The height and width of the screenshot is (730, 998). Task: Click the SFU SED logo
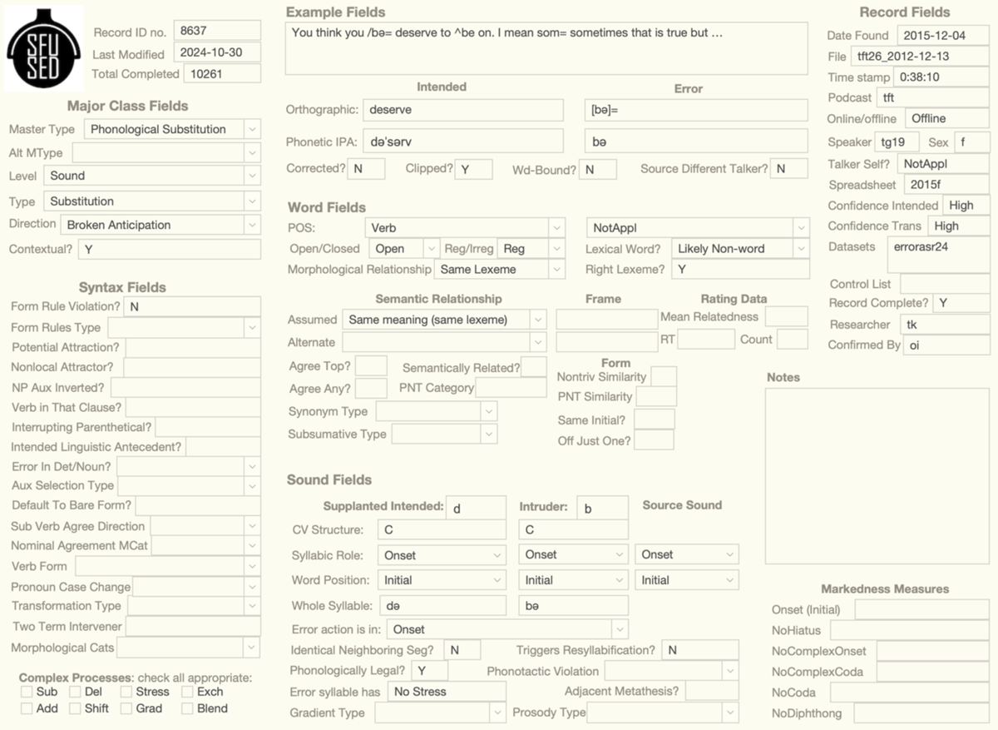[x=44, y=48]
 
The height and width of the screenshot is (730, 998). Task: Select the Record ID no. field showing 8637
[x=216, y=32]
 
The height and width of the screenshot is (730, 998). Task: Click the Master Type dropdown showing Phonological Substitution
[x=172, y=129]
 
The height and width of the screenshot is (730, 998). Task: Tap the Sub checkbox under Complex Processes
[x=27, y=692]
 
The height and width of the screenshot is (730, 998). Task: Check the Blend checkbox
[x=187, y=708]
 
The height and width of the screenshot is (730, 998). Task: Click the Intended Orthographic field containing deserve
[x=462, y=110]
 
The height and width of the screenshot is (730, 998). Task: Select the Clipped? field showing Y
[x=473, y=169]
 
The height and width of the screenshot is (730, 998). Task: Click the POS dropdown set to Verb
[x=464, y=228]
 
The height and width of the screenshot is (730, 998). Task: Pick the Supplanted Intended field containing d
[x=475, y=508]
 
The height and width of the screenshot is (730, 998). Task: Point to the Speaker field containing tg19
[x=897, y=142]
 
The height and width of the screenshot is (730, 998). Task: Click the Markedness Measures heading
[x=885, y=588]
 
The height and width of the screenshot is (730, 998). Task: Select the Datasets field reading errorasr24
[x=938, y=253]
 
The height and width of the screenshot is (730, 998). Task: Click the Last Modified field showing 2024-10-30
[x=216, y=52]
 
